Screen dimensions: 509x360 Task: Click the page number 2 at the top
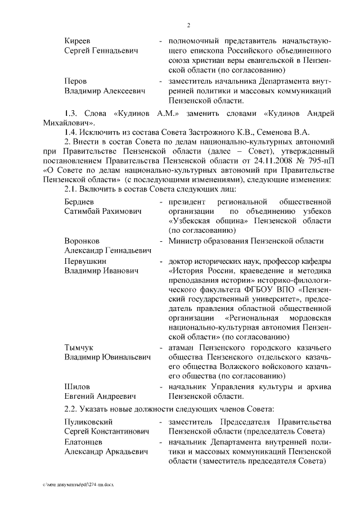click(190, 25)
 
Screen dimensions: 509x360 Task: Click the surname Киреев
click(78, 41)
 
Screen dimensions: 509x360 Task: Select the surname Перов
click(76, 81)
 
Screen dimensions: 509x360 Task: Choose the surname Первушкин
click(85, 261)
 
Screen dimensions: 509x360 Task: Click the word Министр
click(186, 241)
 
